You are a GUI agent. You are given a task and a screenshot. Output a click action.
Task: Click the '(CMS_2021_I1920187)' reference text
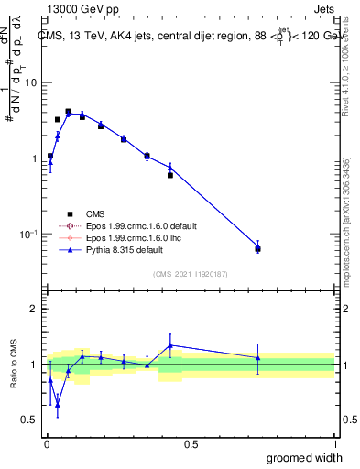(x=190, y=272)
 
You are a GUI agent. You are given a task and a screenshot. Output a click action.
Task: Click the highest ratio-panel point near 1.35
(x=170, y=345)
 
